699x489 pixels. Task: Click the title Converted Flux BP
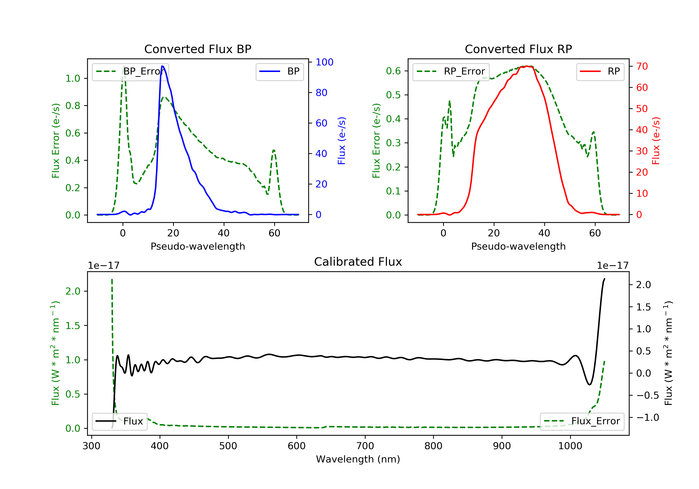[198, 49]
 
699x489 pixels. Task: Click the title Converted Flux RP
[518, 49]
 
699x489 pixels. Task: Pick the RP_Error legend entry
[451, 71]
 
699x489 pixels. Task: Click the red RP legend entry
[600, 71]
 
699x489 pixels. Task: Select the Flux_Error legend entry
[582, 421]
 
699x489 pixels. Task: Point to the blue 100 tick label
[324, 62]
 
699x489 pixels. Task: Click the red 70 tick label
[642, 66]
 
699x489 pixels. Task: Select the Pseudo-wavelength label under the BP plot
[198, 246]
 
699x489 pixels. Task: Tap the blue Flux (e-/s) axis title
[342, 141]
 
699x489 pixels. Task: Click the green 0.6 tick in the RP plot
[393, 71]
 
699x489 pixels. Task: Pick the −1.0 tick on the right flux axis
[647, 417]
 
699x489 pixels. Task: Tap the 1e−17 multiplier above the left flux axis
[103, 266]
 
